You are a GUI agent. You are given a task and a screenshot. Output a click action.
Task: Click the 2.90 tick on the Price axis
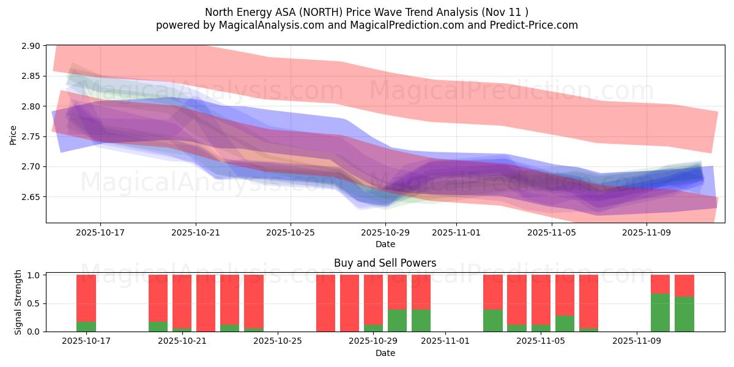pyautogui.click(x=31, y=46)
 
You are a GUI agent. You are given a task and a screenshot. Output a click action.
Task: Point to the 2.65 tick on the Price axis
pyautogui.click(x=31, y=197)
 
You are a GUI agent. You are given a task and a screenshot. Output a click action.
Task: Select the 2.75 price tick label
pyautogui.click(x=31, y=136)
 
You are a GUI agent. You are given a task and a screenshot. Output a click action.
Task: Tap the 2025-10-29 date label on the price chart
pyautogui.click(x=385, y=232)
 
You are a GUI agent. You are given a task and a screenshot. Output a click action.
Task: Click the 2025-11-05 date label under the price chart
pyautogui.click(x=552, y=232)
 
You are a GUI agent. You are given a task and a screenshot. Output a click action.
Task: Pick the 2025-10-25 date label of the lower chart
pyautogui.click(x=278, y=341)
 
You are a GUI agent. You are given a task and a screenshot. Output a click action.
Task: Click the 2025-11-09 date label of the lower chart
pyautogui.click(x=637, y=341)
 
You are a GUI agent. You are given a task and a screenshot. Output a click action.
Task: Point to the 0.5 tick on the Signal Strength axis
pyautogui.click(x=34, y=303)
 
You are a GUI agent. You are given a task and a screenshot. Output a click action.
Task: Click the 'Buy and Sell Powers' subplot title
pyautogui.click(x=385, y=263)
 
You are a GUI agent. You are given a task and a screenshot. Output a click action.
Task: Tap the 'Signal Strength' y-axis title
pyautogui.click(x=18, y=302)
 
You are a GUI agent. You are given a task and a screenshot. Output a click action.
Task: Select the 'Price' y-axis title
pyautogui.click(x=13, y=135)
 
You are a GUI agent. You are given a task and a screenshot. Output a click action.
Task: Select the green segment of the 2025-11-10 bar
pyautogui.click(x=661, y=313)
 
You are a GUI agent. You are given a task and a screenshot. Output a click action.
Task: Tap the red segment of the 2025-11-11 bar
pyautogui.click(x=684, y=286)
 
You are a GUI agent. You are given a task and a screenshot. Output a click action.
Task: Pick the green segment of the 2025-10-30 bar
pyautogui.click(x=398, y=321)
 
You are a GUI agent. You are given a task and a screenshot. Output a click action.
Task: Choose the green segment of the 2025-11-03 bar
pyautogui.click(x=493, y=321)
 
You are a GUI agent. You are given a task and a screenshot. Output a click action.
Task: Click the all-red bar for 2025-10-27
pyautogui.click(x=325, y=303)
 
